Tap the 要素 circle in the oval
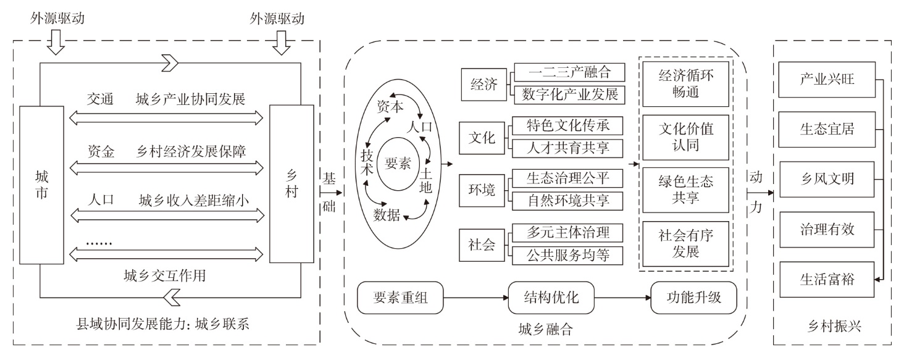[x=398, y=164]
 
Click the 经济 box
[x=483, y=85]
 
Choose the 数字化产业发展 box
[x=569, y=94]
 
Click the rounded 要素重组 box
[x=401, y=299]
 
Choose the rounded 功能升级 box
[x=695, y=299]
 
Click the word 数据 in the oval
[x=387, y=214]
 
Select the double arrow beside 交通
[x=170, y=116]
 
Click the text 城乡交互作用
[x=164, y=276]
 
